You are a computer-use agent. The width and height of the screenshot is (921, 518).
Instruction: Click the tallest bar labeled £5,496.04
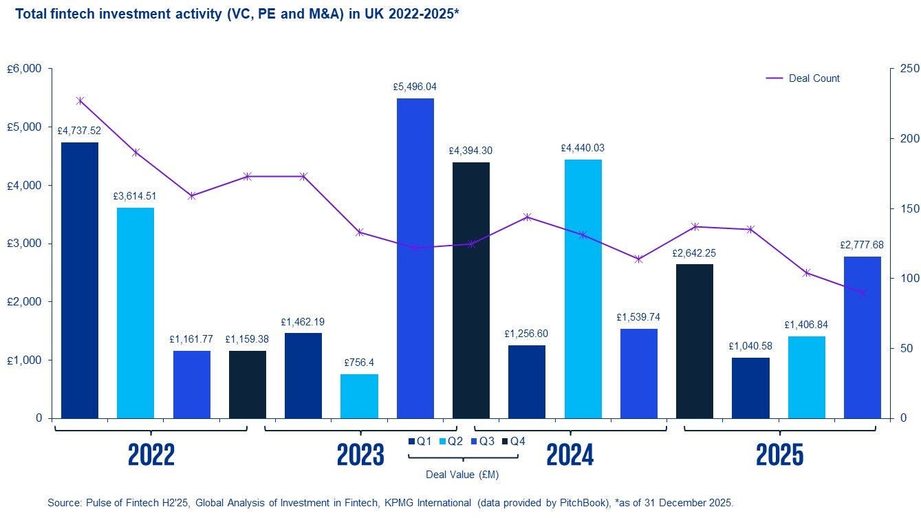[415, 258]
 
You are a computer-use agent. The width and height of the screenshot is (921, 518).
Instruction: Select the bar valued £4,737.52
[79, 280]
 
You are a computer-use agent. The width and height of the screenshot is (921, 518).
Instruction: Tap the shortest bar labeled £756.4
[359, 396]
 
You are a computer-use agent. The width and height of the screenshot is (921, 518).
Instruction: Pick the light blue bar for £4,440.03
[583, 288]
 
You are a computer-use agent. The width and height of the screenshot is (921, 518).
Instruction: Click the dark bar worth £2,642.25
[694, 341]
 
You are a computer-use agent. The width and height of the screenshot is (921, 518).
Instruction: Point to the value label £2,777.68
[861, 245]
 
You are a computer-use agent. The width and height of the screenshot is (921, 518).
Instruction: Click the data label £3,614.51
[136, 196]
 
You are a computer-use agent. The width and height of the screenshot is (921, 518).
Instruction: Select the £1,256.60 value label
[526, 334]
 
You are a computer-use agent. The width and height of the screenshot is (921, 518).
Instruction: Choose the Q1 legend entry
[420, 441]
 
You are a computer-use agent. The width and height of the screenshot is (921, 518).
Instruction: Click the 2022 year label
[151, 455]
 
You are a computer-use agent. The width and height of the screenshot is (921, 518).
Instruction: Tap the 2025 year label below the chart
[779, 455]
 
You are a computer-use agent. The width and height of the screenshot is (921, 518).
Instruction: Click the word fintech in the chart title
[72, 13]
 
